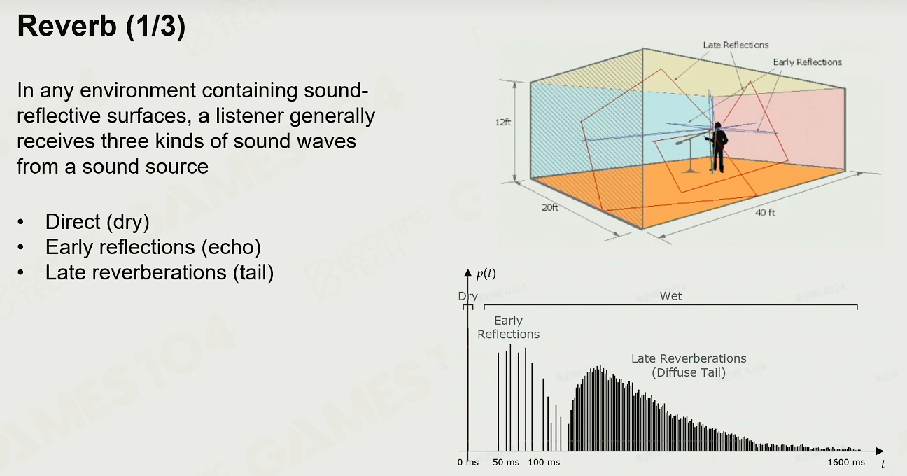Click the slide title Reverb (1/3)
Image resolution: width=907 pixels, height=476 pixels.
point(101,27)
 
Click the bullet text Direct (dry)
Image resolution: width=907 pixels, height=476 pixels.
point(97,222)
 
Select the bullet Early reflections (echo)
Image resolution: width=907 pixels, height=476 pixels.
point(153,246)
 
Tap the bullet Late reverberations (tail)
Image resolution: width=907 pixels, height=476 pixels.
point(160,272)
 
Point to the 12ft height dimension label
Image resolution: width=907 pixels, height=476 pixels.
point(503,122)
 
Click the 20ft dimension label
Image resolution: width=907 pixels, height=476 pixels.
point(550,207)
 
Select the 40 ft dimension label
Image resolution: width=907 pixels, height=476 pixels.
point(765,212)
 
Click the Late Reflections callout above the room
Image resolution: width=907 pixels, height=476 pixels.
point(736,45)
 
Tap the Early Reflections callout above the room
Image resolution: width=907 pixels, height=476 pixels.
point(808,62)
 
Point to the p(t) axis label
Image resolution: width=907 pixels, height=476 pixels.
point(486,274)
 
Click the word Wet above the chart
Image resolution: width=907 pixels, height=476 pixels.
point(671,296)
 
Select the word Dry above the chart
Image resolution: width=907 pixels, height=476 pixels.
point(468,296)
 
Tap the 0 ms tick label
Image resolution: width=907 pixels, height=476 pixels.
point(468,462)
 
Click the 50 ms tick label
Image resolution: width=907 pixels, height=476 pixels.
point(506,462)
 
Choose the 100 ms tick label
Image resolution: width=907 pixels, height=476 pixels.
point(544,462)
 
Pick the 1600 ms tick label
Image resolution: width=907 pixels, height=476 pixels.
point(846,462)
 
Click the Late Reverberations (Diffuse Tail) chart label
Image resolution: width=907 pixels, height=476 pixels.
point(689,365)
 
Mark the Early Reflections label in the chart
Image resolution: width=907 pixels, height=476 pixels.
point(509,328)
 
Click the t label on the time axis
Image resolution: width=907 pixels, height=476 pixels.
point(883,464)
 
